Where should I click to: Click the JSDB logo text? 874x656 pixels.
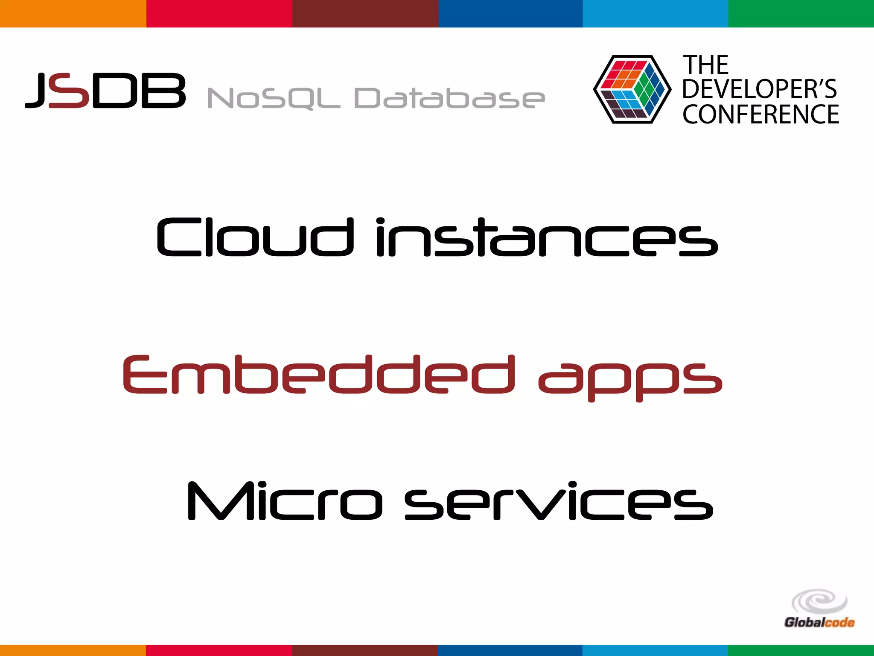click(106, 91)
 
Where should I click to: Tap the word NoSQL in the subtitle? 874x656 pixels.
click(273, 98)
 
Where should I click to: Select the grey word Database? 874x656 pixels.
click(449, 98)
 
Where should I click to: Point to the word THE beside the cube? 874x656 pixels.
click(706, 65)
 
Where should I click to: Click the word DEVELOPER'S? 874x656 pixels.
click(760, 89)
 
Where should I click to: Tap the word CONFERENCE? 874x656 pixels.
click(760, 114)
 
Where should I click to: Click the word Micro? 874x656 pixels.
click(285, 501)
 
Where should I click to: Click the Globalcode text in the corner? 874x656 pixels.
click(819, 622)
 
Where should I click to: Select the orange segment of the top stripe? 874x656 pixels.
click(73, 14)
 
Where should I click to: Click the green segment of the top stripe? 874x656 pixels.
click(801, 14)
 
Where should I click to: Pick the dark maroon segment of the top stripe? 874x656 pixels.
click(365, 14)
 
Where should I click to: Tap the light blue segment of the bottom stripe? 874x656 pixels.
click(655, 650)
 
